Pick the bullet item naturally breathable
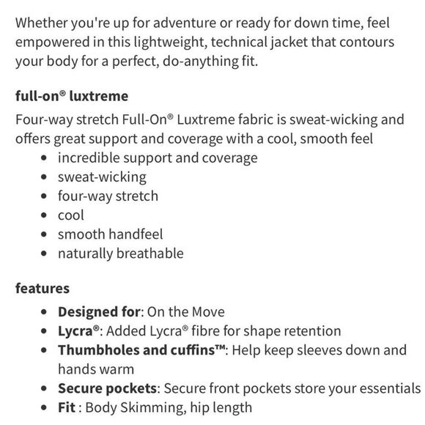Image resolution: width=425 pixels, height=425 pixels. tap(121, 254)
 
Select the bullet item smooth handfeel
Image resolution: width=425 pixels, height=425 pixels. tap(111, 234)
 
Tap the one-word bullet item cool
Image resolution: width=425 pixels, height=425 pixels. tap(71, 215)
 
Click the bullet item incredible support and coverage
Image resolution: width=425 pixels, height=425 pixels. tap(158, 158)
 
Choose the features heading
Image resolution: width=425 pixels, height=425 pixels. tap(42, 289)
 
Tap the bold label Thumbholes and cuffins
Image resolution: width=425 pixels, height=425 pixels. tap(141, 350)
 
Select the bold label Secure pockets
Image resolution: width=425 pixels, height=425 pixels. tap(109, 388)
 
